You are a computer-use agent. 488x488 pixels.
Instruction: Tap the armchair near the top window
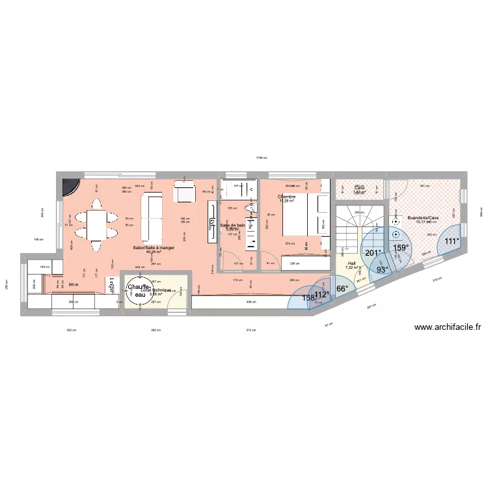(x=183, y=193)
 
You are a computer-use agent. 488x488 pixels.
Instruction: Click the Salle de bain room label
(x=233, y=225)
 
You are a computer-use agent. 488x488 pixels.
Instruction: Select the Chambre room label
(x=286, y=197)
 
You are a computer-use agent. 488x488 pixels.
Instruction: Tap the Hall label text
(x=352, y=264)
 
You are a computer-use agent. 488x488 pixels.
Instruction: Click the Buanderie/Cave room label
(x=422, y=218)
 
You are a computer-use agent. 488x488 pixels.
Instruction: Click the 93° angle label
(x=381, y=269)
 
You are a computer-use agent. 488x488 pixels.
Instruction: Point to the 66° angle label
(x=342, y=288)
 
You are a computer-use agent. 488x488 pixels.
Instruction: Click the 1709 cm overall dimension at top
(x=261, y=157)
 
